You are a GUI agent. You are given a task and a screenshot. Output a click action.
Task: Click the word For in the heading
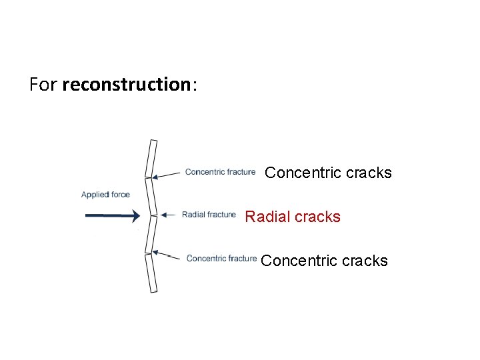(43, 85)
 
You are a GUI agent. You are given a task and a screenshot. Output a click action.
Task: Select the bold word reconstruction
(126, 85)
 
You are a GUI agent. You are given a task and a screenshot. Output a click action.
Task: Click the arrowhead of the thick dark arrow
(135, 215)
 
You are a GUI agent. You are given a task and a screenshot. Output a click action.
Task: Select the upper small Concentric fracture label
(220, 172)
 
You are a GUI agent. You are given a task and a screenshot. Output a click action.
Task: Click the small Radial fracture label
(209, 215)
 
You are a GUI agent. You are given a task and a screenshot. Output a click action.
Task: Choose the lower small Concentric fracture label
(221, 259)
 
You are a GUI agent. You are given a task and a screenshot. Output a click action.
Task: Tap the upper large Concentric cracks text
(328, 173)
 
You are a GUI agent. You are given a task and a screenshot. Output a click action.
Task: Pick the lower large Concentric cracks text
(324, 261)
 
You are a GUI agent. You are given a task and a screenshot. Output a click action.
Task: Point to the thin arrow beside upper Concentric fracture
(167, 175)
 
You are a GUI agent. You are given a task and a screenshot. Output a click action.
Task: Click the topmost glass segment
(151, 158)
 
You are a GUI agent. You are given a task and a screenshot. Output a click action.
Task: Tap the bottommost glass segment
(151, 273)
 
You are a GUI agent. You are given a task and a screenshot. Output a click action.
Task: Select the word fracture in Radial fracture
(221, 215)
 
